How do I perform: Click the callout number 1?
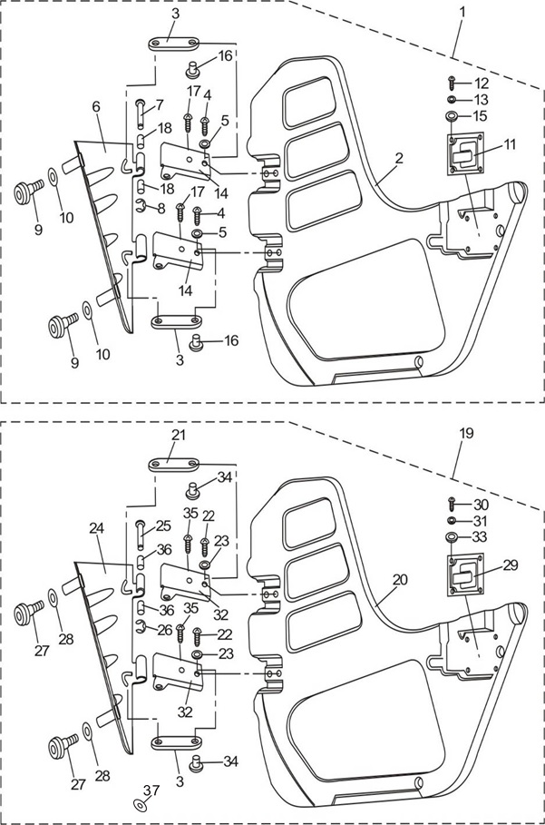point(462,13)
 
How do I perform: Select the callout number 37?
point(151,790)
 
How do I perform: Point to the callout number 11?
point(511,144)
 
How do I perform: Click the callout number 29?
point(511,565)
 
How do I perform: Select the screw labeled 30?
point(450,505)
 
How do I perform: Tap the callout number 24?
point(96,526)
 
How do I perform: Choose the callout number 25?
point(163,525)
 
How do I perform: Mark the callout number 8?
point(161,208)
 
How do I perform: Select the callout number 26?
point(163,629)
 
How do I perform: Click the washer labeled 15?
point(452,116)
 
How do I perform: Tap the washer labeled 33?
point(450,537)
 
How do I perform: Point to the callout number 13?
point(481,100)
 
